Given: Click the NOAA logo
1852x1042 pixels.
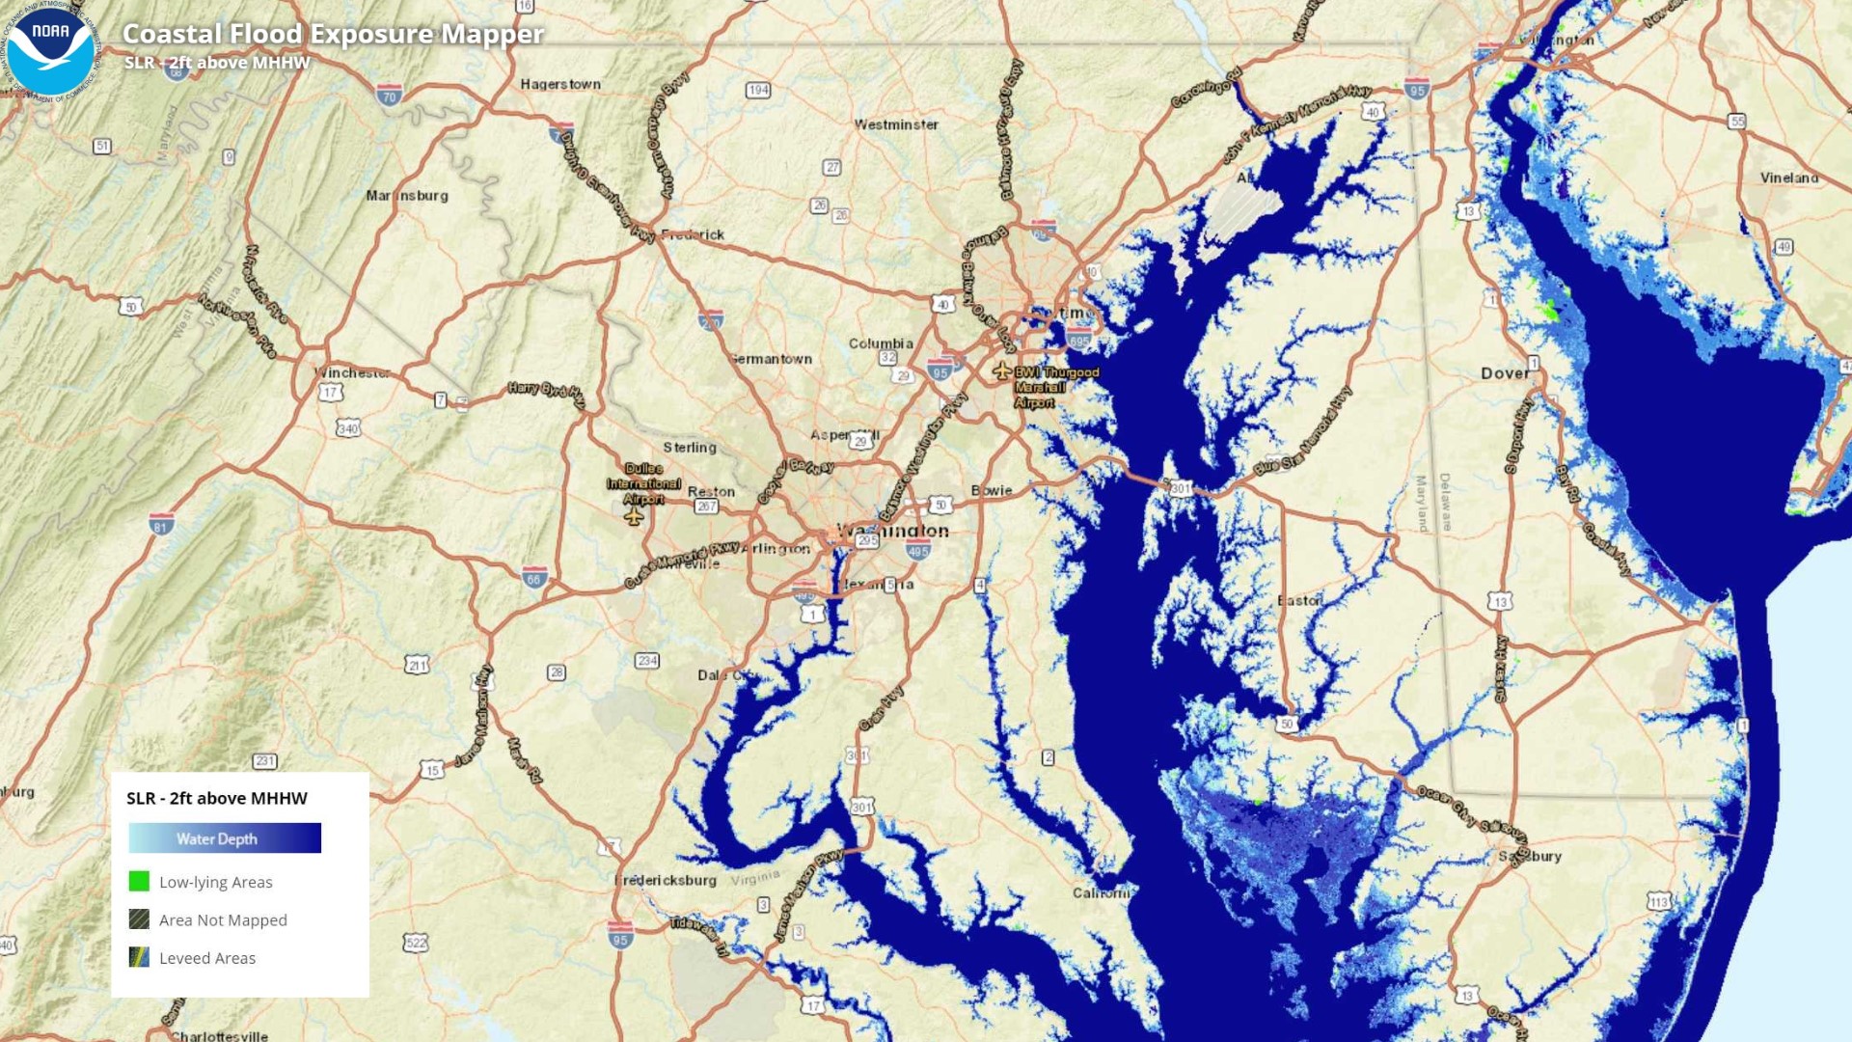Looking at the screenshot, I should pos(50,50).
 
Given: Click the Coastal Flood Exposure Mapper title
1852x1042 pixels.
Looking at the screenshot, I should pos(333,34).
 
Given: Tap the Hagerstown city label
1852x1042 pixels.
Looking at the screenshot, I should pos(559,84).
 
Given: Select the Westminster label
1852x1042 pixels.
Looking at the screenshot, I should pos(896,124).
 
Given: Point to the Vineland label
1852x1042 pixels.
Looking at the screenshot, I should pos(1789,178).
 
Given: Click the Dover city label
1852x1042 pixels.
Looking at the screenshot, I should pos(1504,373).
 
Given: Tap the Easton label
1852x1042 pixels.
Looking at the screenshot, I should pos(1299,600).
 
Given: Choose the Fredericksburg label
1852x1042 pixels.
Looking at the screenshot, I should pos(666,880).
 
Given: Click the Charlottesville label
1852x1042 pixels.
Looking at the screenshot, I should pos(219,1036).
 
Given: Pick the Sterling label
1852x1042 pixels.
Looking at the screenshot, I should pos(690,448).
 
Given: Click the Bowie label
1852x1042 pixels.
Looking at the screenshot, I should pos(992,490).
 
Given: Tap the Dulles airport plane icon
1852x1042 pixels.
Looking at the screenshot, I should pos(634,517).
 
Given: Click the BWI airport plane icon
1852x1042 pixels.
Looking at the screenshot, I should pos(1001,370).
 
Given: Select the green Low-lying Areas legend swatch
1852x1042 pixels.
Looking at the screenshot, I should pos(139,881).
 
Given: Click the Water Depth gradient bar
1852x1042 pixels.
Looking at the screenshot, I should pos(225,837).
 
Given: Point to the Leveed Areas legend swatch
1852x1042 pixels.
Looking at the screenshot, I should pos(139,957).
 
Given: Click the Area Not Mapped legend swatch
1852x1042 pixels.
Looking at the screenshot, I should pos(139,919).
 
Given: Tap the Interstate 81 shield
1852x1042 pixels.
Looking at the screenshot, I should pos(162,524).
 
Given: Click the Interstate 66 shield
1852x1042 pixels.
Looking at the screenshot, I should pos(534,577).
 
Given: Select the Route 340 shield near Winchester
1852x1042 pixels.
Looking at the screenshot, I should pos(347,427).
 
